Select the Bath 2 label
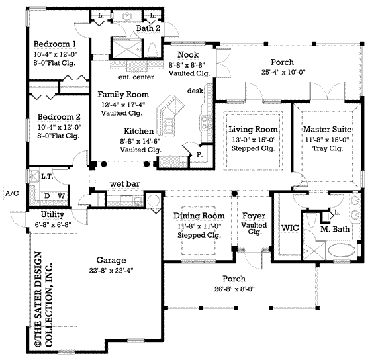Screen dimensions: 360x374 click(148, 28)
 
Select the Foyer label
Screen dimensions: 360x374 click(254, 216)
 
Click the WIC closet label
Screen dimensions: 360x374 click(290, 228)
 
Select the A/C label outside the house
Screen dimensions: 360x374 click(10, 193)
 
